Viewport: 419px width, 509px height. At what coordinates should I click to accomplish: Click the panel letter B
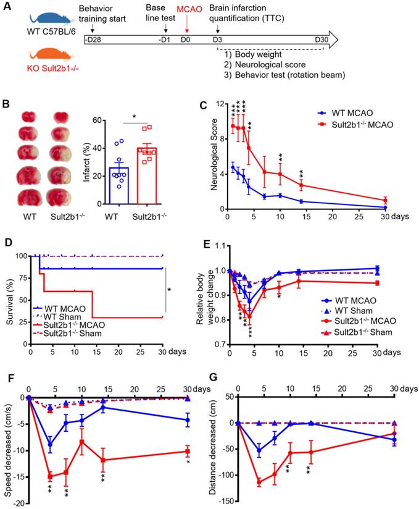[7, 106]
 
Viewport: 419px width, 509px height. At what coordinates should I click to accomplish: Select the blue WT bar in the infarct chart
[122, 185]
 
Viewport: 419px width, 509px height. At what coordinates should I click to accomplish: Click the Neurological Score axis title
[214, 158]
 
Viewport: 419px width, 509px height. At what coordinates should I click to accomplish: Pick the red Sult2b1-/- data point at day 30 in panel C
[385, 200]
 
